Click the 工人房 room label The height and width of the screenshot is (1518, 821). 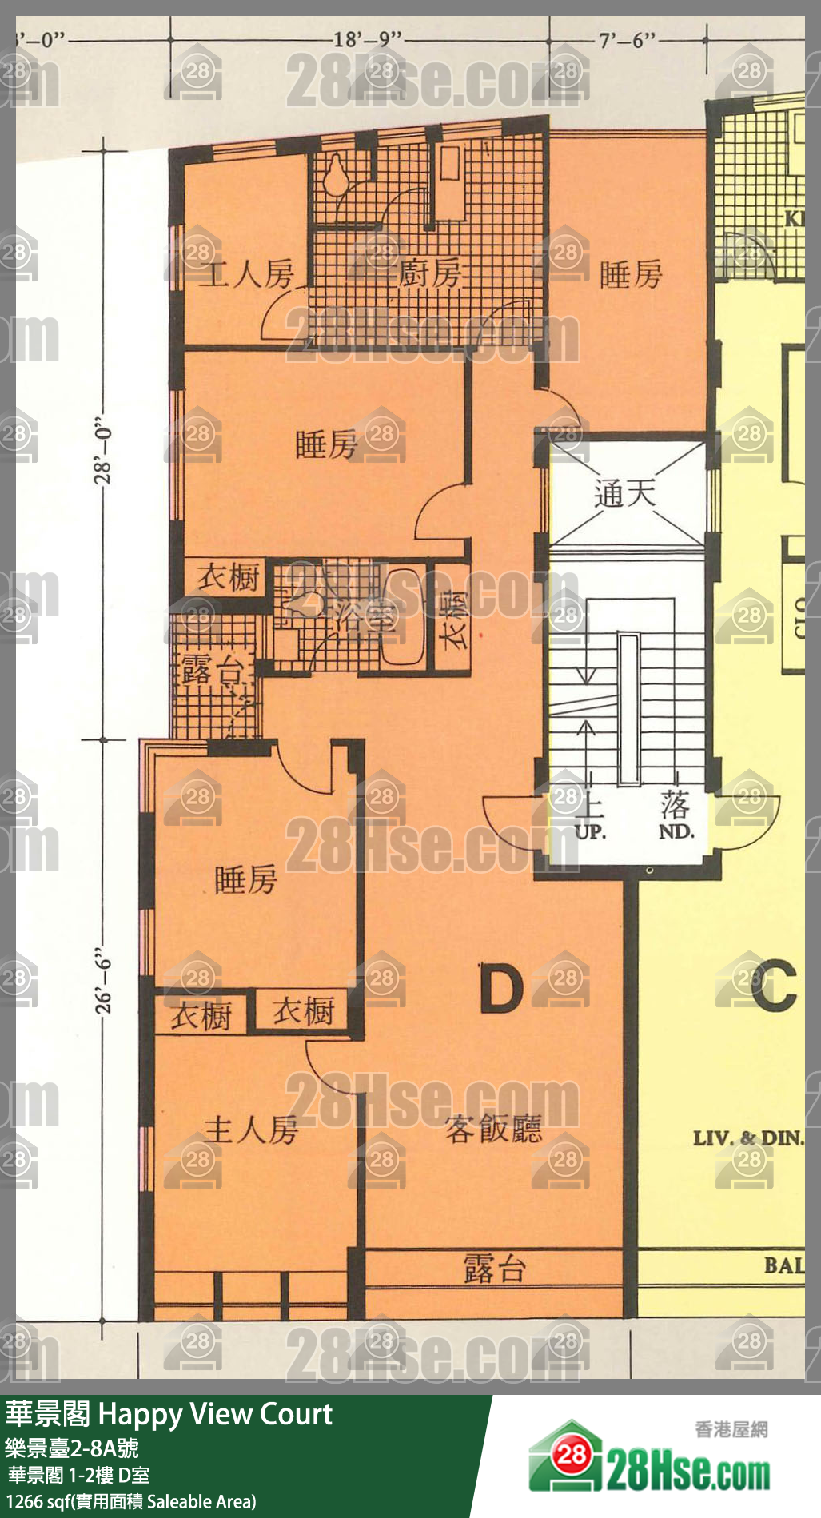pyautogui.click(x=246, y=275)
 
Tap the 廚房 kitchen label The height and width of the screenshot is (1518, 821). pyautogui.click(x=429, y=274)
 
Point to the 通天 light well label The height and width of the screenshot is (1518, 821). pyautogui.click(x=625, y=493)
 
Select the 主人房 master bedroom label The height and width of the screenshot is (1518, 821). pyautogui.click(x=251, y=1130)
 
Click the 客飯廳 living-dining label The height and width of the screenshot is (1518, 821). pyautogui.click(x=493, y=1129)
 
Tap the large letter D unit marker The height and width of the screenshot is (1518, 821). pyautogui.click(x=501, y=989)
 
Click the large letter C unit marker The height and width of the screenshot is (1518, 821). pyautogui.click(x=774, y=986)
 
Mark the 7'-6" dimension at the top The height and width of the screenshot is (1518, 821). pyautogui.click(x=627, y=40)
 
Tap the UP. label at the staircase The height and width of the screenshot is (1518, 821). pyautogui.click(x=591, y=831)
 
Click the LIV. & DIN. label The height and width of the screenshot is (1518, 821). pyautogui.click(x=747, y=1138)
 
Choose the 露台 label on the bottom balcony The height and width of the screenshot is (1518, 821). pyautogui.click(x=494, y=1269)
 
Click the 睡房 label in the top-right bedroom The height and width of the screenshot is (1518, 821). pyautogui.click(x=631, y=275)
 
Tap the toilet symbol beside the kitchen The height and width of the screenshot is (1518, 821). pyautogui.click(x=337, y=173)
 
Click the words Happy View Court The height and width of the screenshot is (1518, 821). pyautogui.click(x=214, y=1414)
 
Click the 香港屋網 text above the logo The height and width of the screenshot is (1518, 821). pyautogui.click(x=731, y=1428)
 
